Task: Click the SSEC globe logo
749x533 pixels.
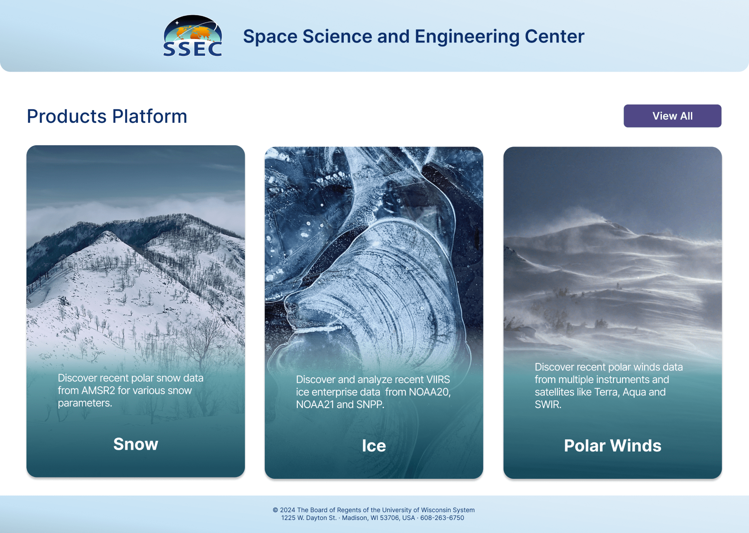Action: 193,36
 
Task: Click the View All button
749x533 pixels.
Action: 672,116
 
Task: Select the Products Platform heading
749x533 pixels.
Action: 107,116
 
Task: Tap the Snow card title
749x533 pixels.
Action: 136,444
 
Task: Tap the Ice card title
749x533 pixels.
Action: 374,446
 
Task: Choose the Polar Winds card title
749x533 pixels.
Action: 612,446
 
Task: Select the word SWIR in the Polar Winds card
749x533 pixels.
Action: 548,405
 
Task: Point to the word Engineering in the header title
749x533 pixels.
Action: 467,37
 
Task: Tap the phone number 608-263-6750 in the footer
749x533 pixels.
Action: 442,518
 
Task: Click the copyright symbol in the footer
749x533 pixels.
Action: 275,510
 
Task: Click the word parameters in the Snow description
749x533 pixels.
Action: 85,403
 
